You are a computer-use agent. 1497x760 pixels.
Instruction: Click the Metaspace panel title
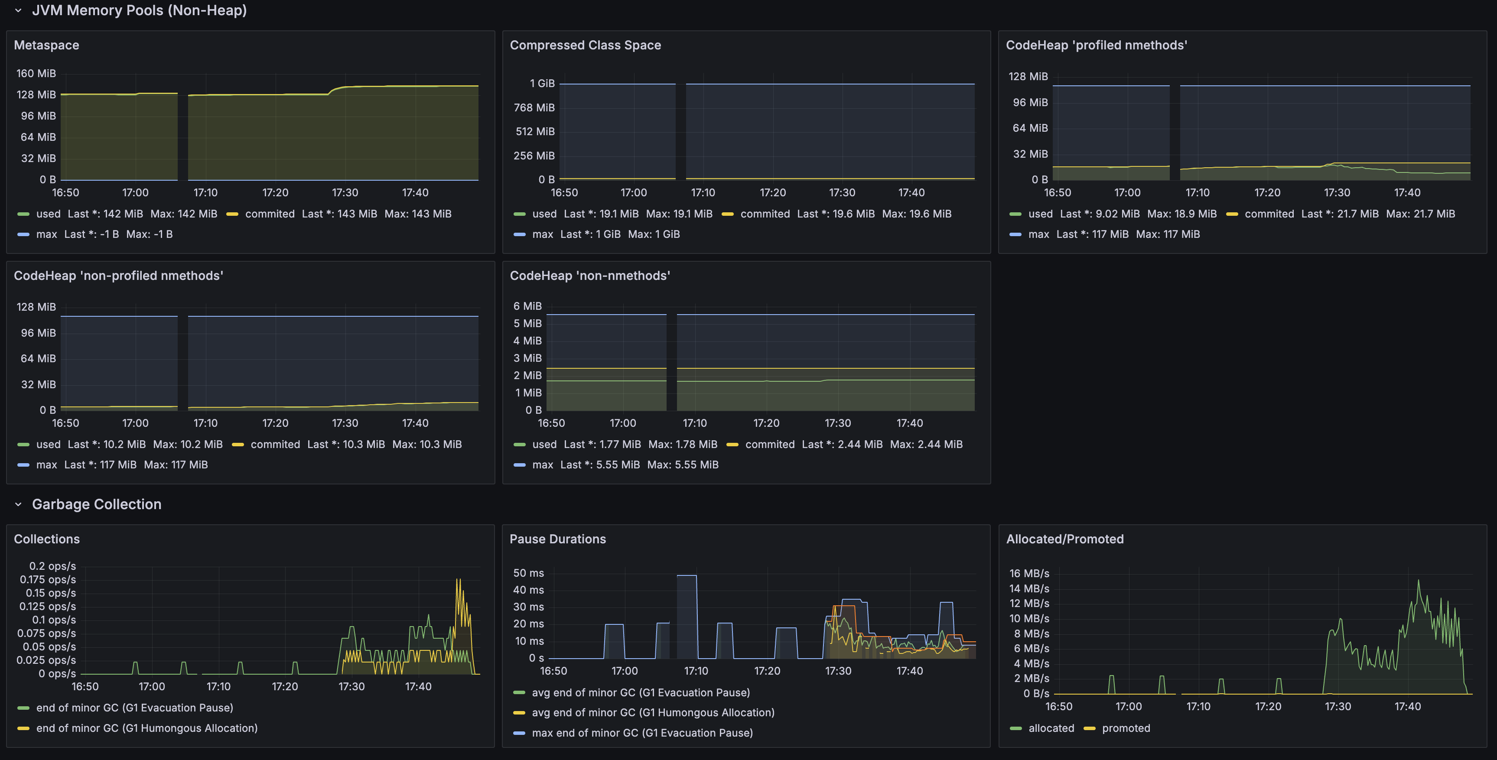click(x=46, y=45)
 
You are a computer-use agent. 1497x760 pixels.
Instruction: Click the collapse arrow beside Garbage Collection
click(x=18, y=504)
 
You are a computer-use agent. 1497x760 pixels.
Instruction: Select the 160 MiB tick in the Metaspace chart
click(x=36, y=73)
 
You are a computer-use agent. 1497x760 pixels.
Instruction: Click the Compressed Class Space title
click(x=585, y=45)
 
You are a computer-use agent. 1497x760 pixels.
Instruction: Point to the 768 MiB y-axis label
click(x=534, y=107)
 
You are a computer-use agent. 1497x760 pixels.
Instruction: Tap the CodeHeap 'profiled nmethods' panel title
click(x=1096, y=45)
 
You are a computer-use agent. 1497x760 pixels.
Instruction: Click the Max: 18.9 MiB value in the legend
click(x=1181, y=214)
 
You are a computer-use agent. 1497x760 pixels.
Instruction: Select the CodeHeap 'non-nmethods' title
click(x=590, y=276)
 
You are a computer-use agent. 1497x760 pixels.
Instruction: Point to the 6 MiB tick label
click(x=527, y=306)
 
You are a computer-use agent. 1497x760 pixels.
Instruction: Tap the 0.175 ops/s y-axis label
click(x=48, y=579)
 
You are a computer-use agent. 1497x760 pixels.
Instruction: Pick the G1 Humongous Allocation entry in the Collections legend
click(x=146, y=728)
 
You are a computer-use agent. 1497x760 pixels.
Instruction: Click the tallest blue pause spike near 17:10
click(x=687, y=576)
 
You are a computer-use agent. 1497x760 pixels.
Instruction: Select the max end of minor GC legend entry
click(x=642, y=733)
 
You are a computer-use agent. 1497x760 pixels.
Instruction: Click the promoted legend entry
click(x=1126, y=728)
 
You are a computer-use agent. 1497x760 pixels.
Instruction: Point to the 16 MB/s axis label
click(x=1029, y=574)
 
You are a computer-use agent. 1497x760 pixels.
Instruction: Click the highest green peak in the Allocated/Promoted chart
click(x=1418, y=581)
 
